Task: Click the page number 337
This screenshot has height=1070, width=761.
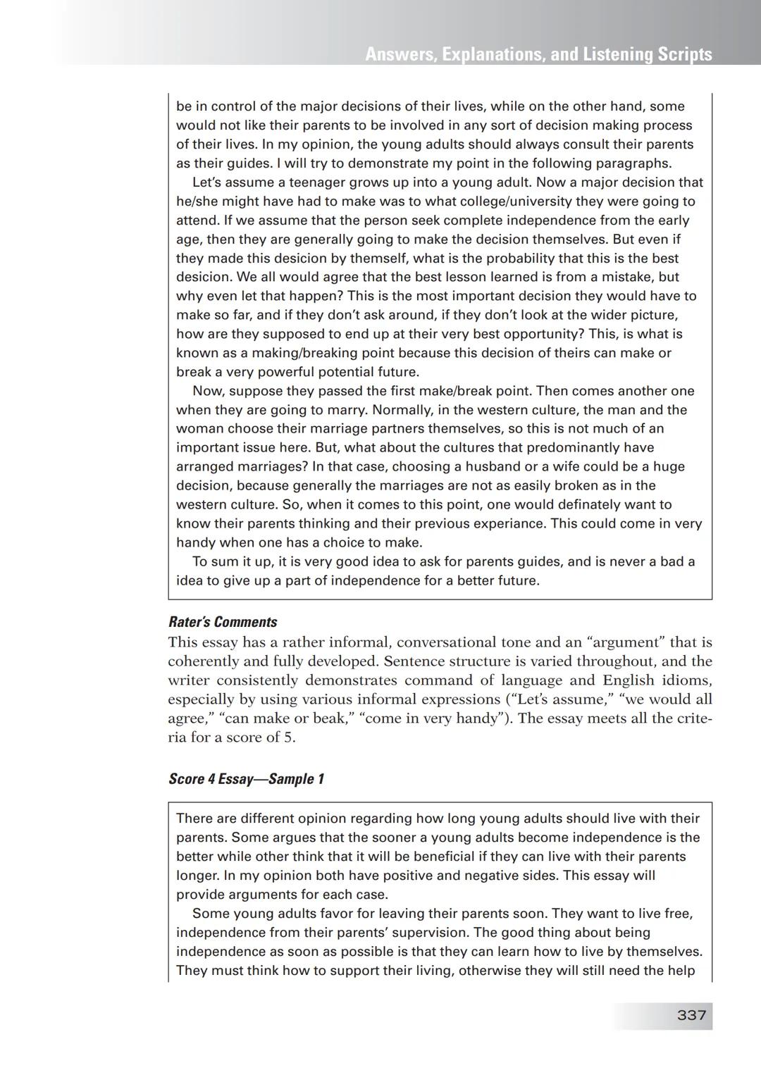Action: (x=691, y=1015)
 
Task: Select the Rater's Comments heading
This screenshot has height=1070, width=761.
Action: (x=223, y=622)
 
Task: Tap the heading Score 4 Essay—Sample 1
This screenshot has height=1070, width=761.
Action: (x=246, y=779)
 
